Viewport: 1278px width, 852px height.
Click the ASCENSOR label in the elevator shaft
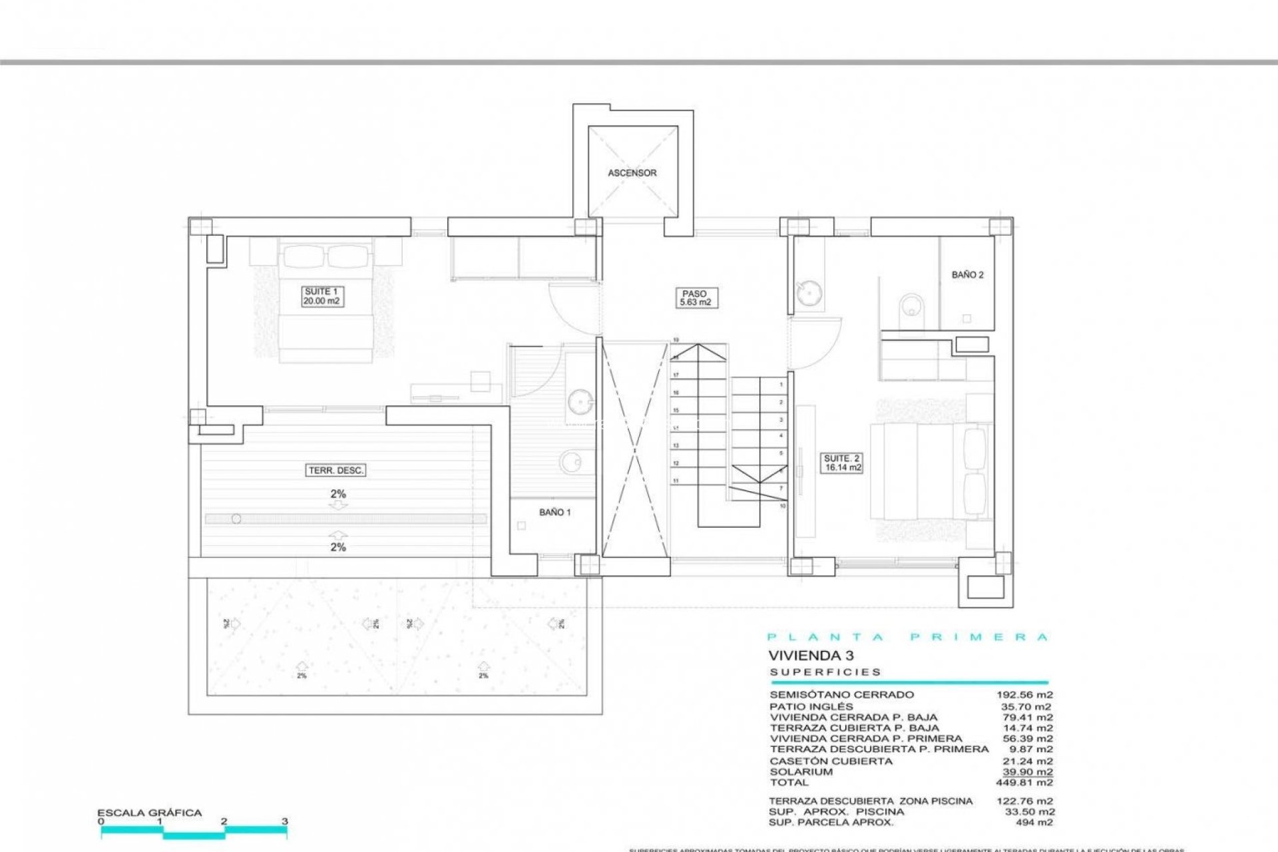(x=632, y=173)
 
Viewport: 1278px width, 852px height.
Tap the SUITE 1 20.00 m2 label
(x=321, y=296)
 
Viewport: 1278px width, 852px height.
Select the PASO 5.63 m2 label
(x=694, y=298)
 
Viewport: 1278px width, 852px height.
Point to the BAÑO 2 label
(x=967, y=275)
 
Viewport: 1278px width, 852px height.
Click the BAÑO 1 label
(x=555, y=513)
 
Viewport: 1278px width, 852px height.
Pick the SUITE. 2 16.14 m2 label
(x=842, y=463)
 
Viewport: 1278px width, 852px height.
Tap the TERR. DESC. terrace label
(x=336, y=471)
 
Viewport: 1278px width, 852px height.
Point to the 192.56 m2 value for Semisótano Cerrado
(x=1024, y=695)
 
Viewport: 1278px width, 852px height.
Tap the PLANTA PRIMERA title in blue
(x=907, y=637)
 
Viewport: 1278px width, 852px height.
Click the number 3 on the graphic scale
(x=285, y=821)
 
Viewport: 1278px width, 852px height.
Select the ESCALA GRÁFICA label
(x=149, y=813)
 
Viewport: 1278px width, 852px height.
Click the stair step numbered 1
(x=781, y=385)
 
